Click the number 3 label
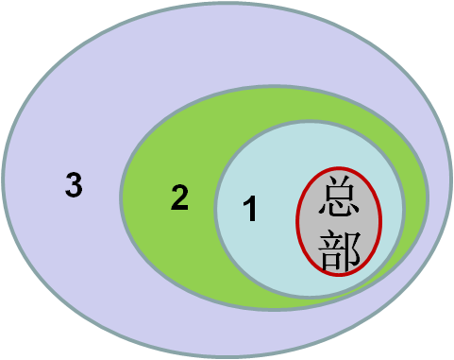pyautogui.click(x=74, y=185)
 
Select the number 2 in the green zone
pyautogui.click(x=179, y=198)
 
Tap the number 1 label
pyautogui.click(x=249, y=209)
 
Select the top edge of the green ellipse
pyautogui.click(x=274, y=88)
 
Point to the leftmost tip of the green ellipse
pyautogui.click(x=121, y=198)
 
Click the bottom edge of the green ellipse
pyautogui.click(x=274, y=309)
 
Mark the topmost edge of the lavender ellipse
pyautogui.click(x=227, y=4)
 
